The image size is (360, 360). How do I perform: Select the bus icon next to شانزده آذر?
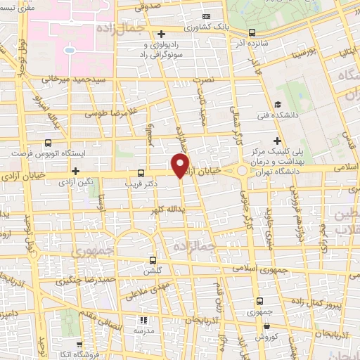(x=252, y=32)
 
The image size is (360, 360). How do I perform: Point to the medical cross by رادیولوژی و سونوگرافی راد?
(x=161, y=34)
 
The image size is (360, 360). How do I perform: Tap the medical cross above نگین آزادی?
(x=75, y=170)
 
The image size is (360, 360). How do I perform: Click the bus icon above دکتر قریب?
(x=141, y=172)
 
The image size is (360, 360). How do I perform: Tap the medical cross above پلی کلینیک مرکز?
(x=278, y=141)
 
